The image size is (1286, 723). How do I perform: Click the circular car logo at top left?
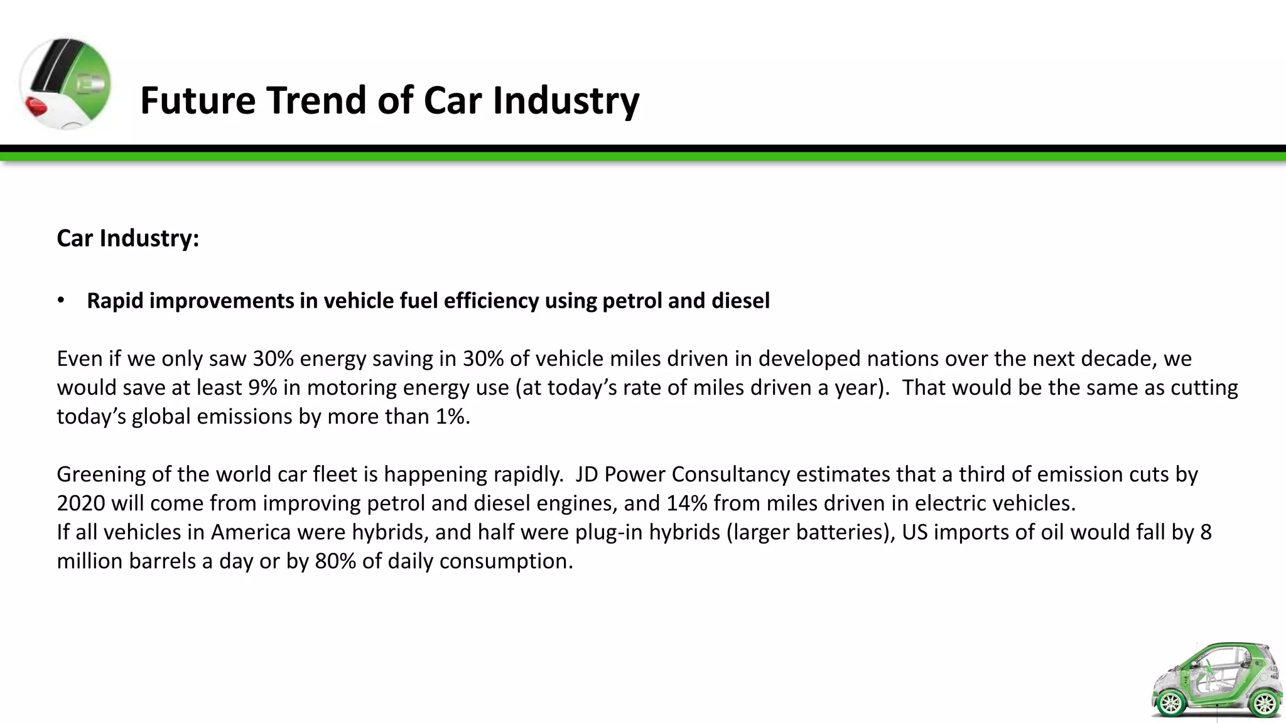[x=65, y=83]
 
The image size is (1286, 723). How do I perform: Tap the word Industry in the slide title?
[x=565, y=100]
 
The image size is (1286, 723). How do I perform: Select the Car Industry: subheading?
[x=128, y=238]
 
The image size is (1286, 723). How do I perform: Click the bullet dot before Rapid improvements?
[x=61, y=301]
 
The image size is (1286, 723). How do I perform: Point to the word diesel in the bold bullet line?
[x=740, y=301]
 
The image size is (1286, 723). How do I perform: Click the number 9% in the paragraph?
[x=262, y=388]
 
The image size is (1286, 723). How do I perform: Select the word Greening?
[x=100, y=474]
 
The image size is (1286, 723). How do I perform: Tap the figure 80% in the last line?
[x=335, y=561]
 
